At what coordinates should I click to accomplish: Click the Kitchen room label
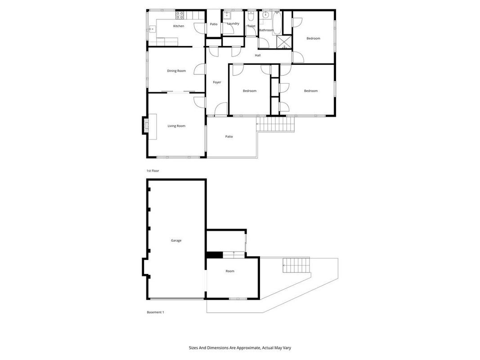click(179, 26)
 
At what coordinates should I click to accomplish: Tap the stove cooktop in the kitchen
click(179, 15)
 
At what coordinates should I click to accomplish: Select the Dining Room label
click(176, 71)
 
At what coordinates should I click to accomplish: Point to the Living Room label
click(176, 126)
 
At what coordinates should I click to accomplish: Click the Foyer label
click(217, 82)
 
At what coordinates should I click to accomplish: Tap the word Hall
click(258, 55)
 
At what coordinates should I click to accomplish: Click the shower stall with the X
click(284, 42)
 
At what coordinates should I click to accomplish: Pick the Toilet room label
click(251, 26)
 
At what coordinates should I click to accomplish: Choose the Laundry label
click(233, 23)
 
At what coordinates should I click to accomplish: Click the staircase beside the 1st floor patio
click(275, 124)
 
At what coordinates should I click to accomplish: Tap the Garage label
click(176, 241)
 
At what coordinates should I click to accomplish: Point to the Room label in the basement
click(230, 271)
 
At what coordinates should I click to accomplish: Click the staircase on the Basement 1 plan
click(296, 265)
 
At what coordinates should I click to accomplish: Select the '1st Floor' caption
click(153, 171)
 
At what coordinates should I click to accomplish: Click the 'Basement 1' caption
click(155, 312)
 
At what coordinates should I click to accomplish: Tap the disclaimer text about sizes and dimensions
click(240, 348)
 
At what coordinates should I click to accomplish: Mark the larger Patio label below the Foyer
click(229, 136)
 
